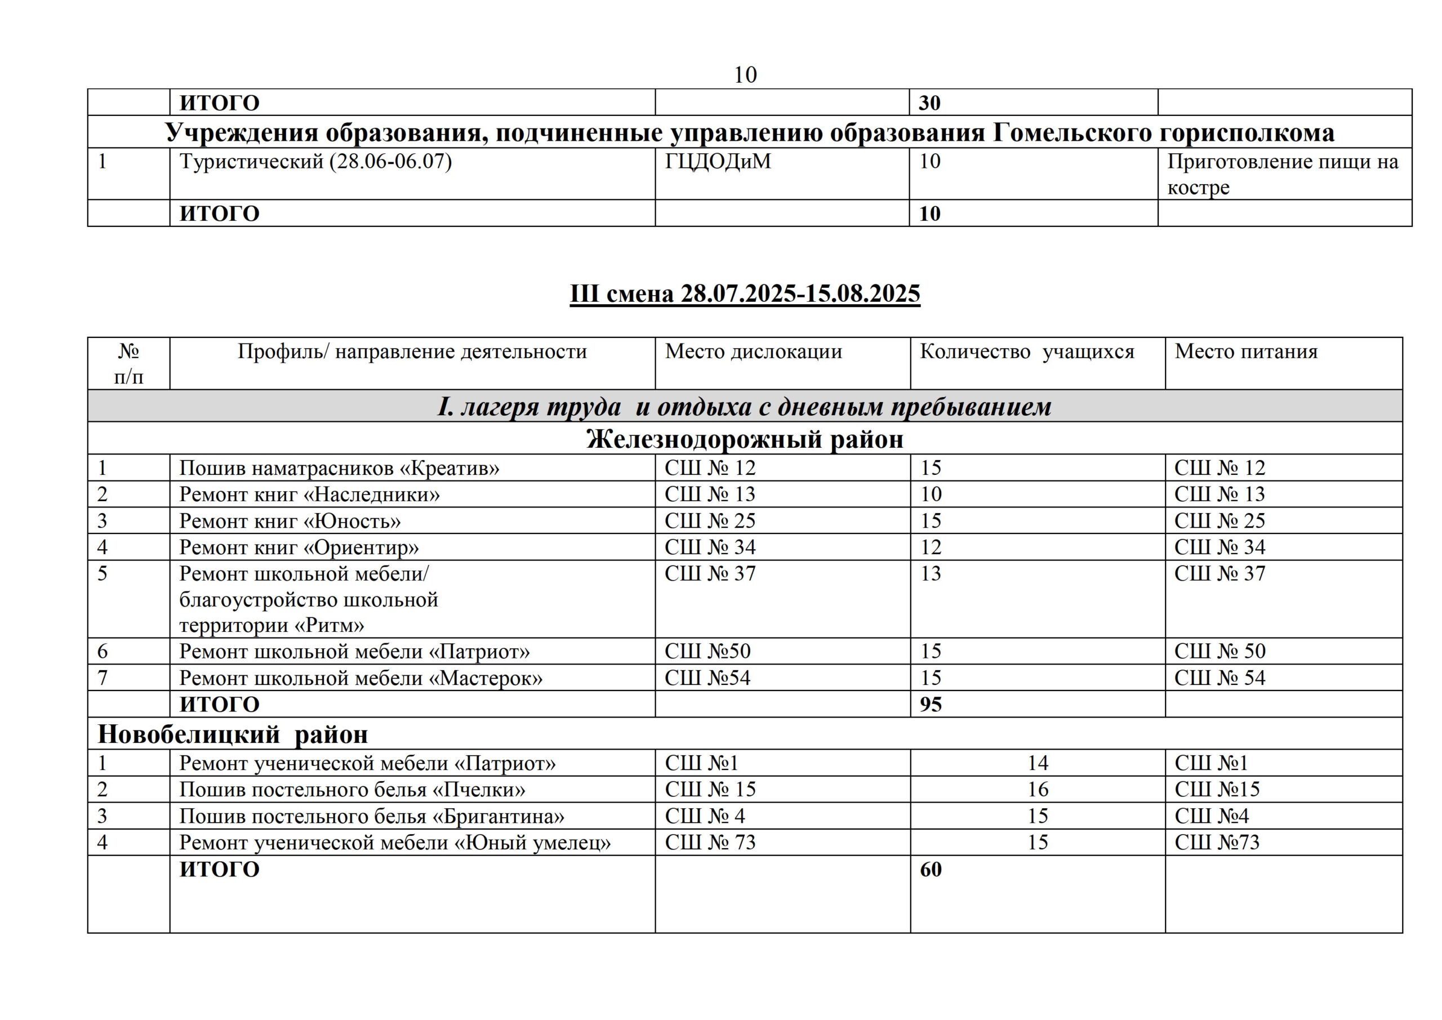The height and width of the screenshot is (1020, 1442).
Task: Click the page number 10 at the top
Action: click(745, 75)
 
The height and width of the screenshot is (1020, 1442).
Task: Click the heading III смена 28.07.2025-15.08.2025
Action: click(745, 294)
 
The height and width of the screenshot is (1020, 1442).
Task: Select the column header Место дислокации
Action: click(753, 351)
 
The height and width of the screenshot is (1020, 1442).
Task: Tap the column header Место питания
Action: click(1245, 351)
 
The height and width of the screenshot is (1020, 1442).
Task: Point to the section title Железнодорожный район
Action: click(745, 439)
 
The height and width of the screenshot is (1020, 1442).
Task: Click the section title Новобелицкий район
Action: click(233, 734)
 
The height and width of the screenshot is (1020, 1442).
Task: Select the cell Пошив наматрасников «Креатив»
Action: click(339, 469)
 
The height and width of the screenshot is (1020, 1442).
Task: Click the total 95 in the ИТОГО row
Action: click(931, 705)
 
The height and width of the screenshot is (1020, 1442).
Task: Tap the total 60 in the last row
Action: click(931, 870)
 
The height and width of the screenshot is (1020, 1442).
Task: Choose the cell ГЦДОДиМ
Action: click(718, 162)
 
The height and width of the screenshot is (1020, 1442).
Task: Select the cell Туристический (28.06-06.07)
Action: click(315, 162)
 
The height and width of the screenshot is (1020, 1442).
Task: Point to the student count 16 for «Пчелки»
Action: click(1038, 790)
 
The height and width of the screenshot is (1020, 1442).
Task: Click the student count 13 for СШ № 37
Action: click(931, 574)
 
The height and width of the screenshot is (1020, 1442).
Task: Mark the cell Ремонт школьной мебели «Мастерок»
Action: click(360, 678)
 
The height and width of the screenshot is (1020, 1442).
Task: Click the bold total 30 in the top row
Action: click(929, 103)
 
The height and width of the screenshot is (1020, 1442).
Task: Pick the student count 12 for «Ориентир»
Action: click(931, 547)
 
